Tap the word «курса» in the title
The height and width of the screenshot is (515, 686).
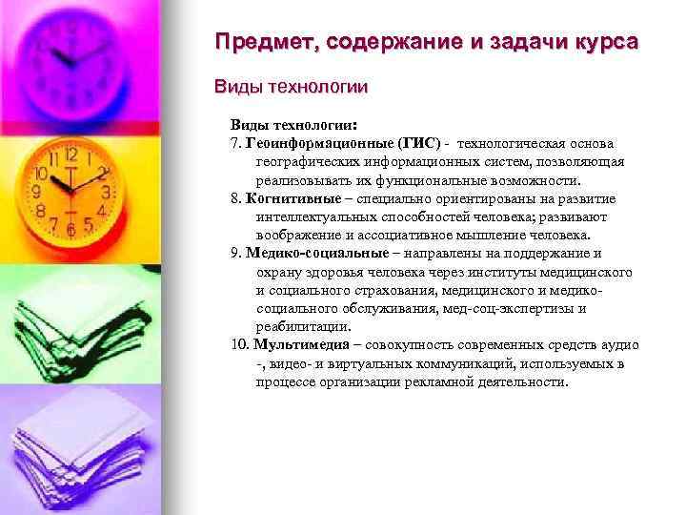tap(604, 44)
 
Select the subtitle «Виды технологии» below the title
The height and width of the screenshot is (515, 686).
tap(292, 87)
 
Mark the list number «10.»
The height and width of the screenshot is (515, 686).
tap(240, 345)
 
